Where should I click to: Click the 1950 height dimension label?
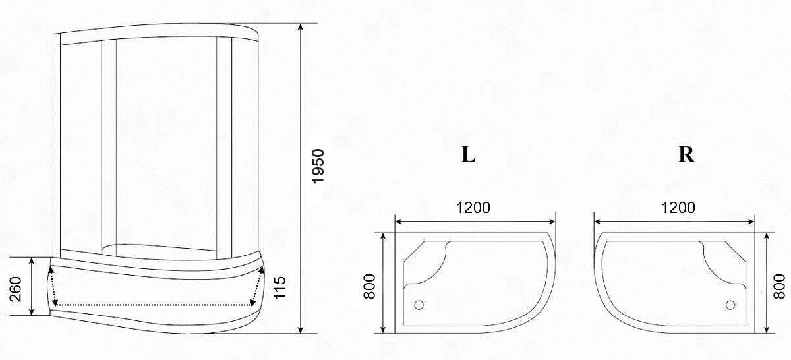tap(318, 166)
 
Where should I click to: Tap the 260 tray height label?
tap(16, 289)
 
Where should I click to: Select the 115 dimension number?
tap(279, 287)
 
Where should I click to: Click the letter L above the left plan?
tap(468, 154)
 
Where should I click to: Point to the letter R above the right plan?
tap(686, 154)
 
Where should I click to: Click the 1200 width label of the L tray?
tap(473, 208)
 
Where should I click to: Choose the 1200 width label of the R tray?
tap(678, 208)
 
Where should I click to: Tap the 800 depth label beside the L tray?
tap(369, 287)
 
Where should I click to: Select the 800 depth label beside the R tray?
tap(779, 287)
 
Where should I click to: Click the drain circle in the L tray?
tap(419, 305)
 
